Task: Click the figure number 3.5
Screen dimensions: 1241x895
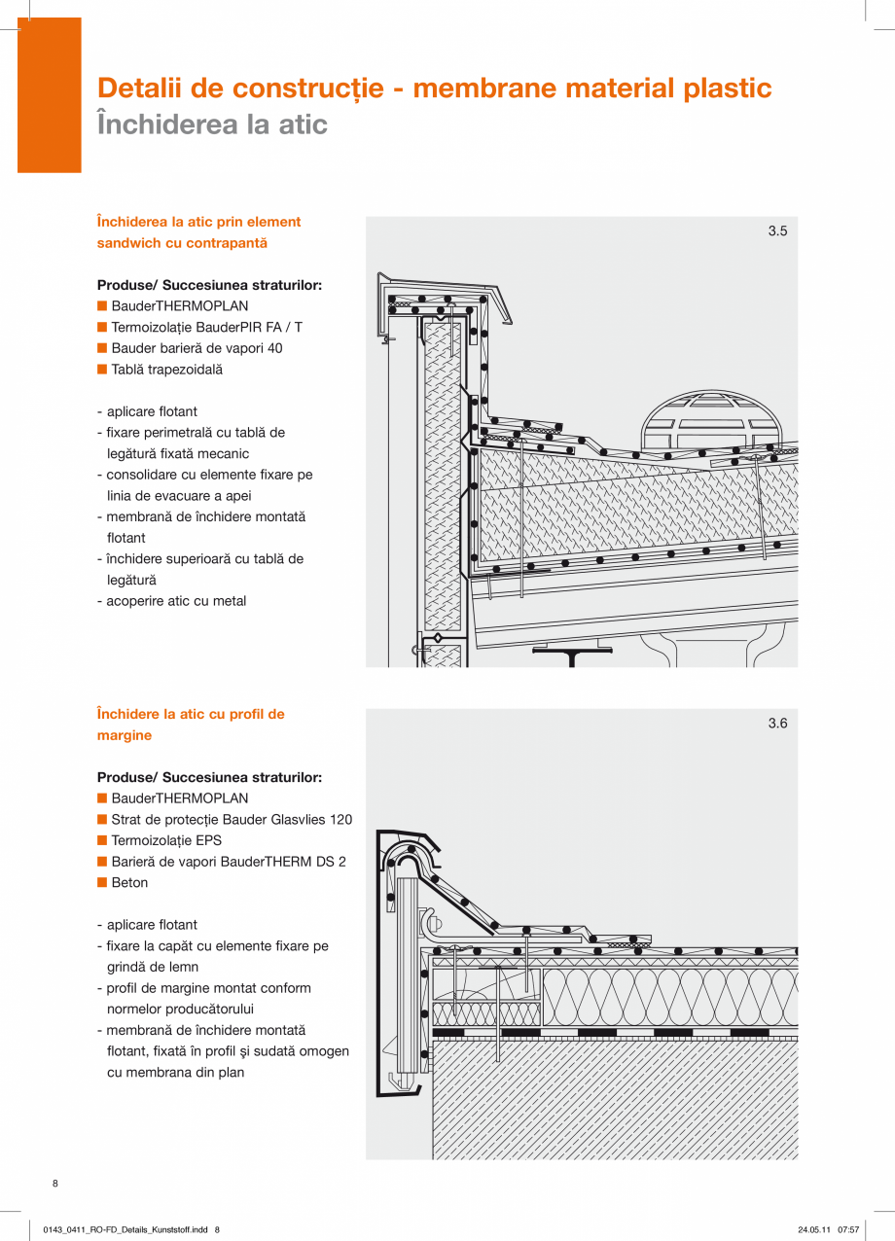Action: pos(777,231)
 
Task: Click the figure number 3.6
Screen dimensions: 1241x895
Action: pos(777,724)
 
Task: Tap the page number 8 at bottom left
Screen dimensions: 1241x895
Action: pos(55,1184)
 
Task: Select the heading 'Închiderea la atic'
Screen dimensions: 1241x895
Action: pos(212,124)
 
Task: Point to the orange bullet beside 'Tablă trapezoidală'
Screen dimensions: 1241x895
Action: pos(101,370)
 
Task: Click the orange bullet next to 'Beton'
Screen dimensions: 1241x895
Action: pos(101,883)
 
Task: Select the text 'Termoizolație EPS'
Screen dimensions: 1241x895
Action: pos(166,840)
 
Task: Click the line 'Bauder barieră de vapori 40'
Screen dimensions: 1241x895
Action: pos(197,348)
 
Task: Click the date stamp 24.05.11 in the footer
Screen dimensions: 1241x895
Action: pos(813,1230)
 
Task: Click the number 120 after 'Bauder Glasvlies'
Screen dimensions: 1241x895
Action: pos(340,820)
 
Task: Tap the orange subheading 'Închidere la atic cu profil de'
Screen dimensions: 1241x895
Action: pos(191,714)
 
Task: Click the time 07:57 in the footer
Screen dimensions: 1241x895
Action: pos(848,1230)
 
